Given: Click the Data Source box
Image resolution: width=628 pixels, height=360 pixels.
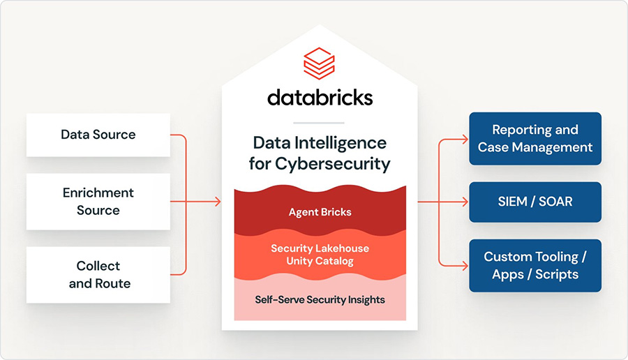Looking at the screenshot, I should (98, 135).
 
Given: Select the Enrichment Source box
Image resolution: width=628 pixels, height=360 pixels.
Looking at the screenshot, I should (98, 202).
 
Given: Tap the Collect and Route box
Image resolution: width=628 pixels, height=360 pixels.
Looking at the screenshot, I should (98, 275).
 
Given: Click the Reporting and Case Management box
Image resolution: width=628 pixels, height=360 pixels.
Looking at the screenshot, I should (535, 138).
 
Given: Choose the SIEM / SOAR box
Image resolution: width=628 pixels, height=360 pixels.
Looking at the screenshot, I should (535, 202).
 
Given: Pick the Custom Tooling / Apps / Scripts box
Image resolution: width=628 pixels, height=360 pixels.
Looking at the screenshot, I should (535, 265).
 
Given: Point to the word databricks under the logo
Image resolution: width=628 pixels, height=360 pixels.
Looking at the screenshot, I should (320, 96).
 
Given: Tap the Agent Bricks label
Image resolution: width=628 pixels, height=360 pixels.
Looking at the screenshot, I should (320, 212).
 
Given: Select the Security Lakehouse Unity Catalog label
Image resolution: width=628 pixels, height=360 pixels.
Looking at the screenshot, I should (320, 255).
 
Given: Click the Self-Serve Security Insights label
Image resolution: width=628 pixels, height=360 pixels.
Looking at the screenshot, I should (320, 299).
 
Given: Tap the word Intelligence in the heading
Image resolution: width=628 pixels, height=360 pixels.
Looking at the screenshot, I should (341, 143).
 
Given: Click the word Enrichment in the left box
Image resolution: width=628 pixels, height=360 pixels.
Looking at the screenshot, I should (98, 193).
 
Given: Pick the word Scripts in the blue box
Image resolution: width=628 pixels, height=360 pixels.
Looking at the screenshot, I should (556, 274).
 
